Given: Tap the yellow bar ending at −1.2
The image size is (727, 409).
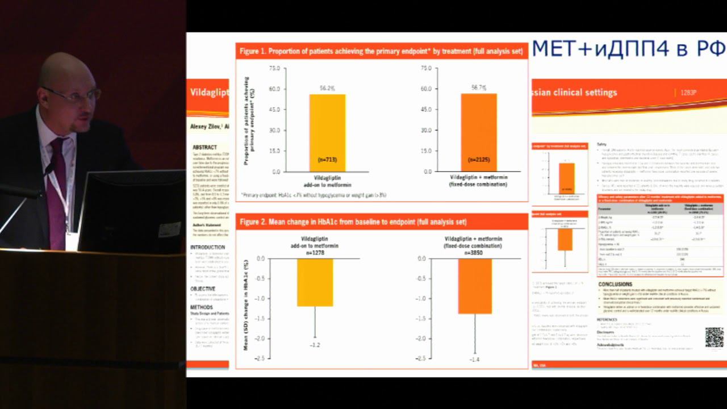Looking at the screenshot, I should [x=315, y=282].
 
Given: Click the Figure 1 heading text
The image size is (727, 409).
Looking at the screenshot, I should [x=381, y=51].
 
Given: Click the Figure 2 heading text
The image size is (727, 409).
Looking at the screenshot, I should [x=353, y=222].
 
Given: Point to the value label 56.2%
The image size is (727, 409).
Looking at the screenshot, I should [x=327, y=89].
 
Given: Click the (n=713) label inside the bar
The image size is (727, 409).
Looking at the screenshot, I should [x=327, y=160].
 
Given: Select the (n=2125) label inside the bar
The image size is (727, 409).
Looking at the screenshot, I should [x=478, y=160].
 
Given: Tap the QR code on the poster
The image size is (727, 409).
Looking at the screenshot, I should [x=714, y=337].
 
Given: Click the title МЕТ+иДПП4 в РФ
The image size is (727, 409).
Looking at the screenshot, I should [x=628, y=49].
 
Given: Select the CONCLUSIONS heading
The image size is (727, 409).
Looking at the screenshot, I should [x=615, y=284].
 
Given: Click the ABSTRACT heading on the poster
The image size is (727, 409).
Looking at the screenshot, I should [x=204, y=147].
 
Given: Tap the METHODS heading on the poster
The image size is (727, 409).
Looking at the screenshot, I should [x=202, y=307].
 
